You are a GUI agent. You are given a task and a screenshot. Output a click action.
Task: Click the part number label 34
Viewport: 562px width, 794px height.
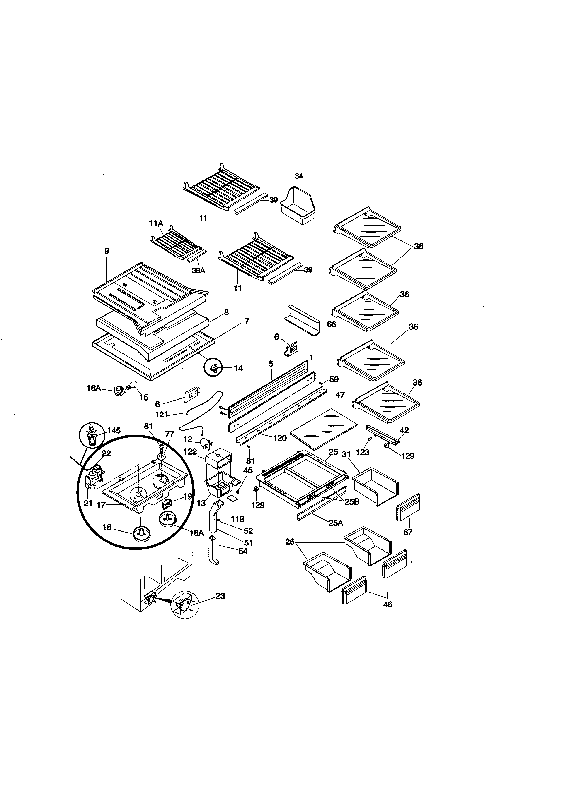click(299, 176)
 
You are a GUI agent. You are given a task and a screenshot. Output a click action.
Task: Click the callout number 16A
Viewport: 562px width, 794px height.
click(93, 388)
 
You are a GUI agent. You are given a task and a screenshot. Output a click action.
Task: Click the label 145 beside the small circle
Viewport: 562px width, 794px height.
click(114, 431)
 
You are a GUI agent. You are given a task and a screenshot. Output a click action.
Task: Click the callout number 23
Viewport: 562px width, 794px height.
click(220, 596)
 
